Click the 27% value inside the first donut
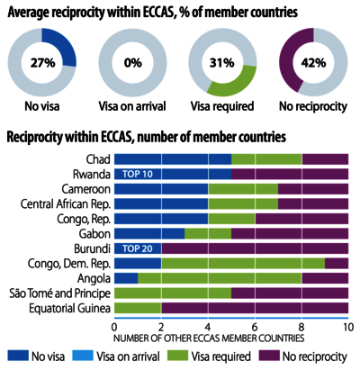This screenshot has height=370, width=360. (x=42, y=63)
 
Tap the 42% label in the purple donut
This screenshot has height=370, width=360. (x=313, y=63)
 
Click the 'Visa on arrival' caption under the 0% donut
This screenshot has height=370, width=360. (x=132, y=106)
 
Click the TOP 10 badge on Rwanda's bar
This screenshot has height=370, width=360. (x=138, y=174)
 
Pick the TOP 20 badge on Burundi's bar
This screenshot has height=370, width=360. (x=138, y=248)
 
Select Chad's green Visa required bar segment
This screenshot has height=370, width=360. (x=266, y=159)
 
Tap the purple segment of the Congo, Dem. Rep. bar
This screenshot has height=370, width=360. (x=337, y=263)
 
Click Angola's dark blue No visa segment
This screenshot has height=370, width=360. (x=126, y=278)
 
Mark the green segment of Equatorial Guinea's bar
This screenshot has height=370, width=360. (x=138, y=308)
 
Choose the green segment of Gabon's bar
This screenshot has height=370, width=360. (x=208, y=233)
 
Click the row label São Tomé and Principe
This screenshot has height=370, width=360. (x=59, y=293)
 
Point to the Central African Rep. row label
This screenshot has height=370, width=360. (x=66, y=204)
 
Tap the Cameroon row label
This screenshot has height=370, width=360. (x=86, y=189)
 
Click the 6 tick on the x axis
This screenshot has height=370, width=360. (x=255, y=327)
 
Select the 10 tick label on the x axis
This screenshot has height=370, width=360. (x=348, y=327)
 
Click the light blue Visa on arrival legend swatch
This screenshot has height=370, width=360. (x=83, y=356)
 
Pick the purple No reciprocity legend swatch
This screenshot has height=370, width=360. (x=269, y=356)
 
